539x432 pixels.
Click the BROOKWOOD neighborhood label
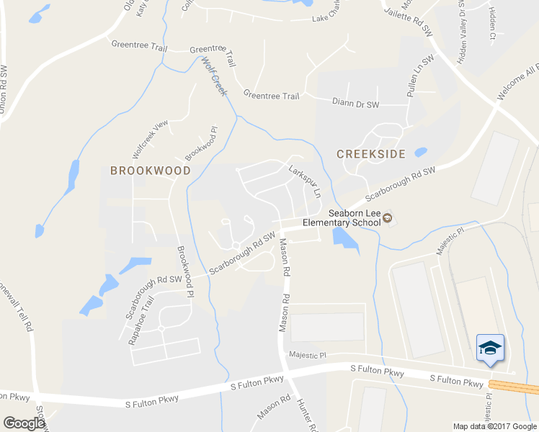point(150,171)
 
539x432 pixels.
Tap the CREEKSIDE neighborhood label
point(370,153)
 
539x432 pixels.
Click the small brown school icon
point(387,218)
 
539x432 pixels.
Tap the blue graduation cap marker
point(491,348)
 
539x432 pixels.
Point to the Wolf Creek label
point(215,76)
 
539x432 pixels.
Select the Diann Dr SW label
point(355,104)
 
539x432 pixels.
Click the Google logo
point(24,423)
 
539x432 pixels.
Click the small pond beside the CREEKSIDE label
point(421,153)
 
